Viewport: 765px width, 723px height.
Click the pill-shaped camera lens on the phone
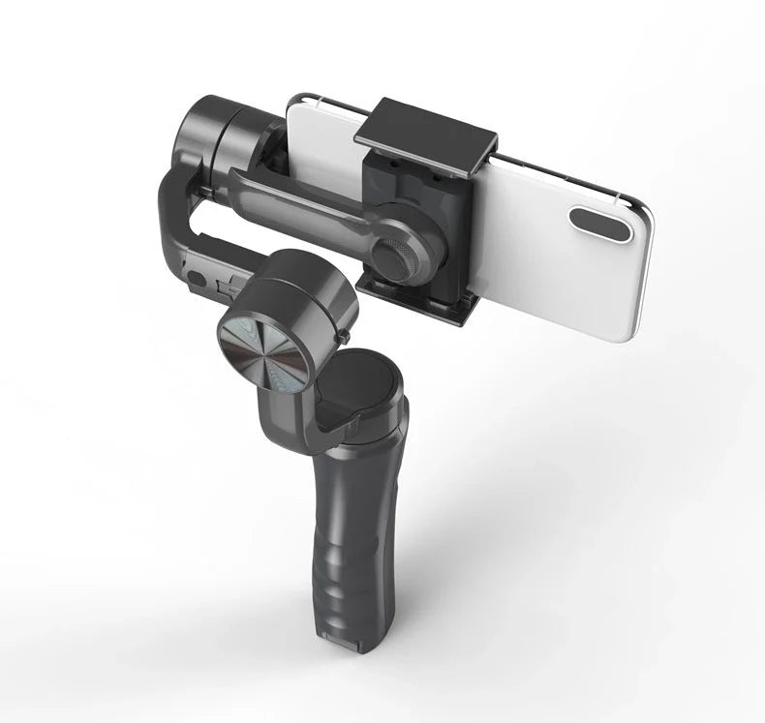coord(601,223)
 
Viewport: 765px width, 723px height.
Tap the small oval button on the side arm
coord(200,278)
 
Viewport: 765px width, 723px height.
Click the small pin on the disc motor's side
coord(345,336)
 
